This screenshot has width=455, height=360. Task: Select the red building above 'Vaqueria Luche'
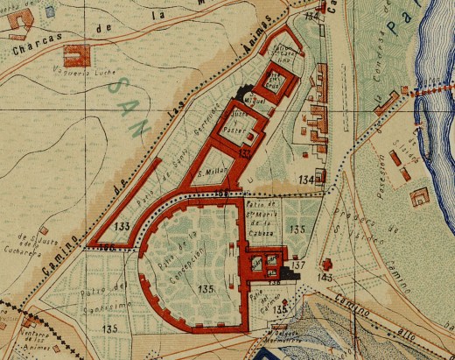(79, 55)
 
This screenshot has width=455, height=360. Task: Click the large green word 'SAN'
(132, 99)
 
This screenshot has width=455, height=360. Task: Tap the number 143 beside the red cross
(326, 277)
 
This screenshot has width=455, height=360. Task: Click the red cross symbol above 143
(326, 264)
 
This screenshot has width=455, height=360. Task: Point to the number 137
(297, 265)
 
